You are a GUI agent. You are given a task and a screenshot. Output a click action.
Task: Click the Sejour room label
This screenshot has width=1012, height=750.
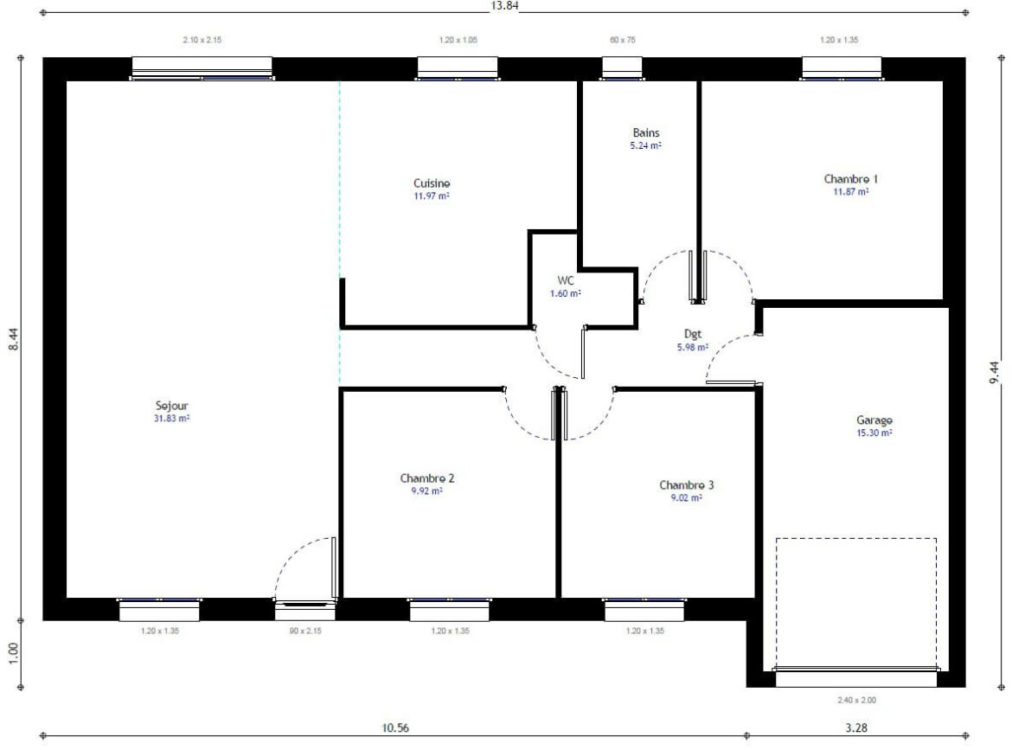coord(171,405)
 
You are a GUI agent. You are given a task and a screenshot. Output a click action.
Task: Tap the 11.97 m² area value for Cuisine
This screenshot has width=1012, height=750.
coord(432,196)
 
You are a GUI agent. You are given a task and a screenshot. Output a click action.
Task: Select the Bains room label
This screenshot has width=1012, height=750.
coord(645,133)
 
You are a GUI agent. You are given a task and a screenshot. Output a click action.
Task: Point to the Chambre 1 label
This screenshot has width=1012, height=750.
coord(850,179)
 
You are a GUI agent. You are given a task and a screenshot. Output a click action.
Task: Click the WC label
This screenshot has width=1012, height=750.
coord(566,281)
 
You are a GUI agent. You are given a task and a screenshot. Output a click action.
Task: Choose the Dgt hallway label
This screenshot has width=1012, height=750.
coord(692,334)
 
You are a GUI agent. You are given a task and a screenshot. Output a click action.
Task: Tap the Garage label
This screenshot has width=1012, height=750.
coord(873,420)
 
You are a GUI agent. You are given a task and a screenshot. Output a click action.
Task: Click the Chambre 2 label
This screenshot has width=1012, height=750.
coord(427,478)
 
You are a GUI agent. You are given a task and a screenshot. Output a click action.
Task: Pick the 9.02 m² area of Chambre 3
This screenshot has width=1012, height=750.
coord(686,498)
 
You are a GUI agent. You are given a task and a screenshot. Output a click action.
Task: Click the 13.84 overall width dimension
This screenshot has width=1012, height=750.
coord(505,5)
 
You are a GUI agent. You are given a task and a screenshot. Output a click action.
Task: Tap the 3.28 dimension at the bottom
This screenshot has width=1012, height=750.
coord(857,728)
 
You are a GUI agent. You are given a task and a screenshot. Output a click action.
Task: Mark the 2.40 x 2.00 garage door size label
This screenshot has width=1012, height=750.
coord(855,700)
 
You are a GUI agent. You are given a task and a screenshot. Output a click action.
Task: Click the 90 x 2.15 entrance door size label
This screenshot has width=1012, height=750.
coord(304,631)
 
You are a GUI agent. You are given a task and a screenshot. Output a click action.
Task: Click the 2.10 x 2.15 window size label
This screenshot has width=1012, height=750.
coord(202,41)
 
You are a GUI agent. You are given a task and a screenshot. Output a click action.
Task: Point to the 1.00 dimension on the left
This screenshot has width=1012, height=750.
coord(14,654)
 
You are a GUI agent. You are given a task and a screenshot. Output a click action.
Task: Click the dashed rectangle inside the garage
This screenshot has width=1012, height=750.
coord(855,539)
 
